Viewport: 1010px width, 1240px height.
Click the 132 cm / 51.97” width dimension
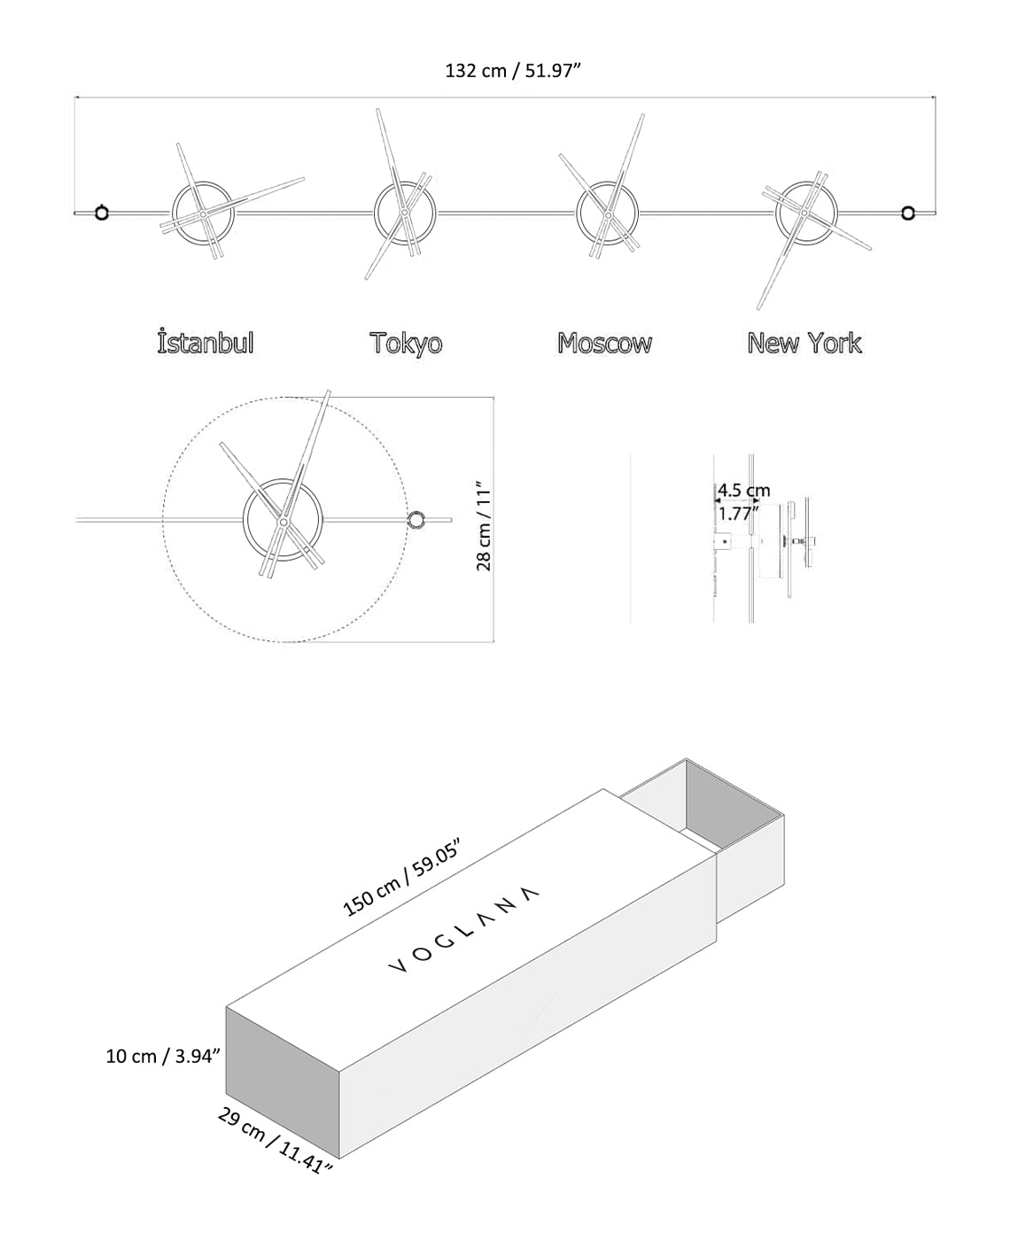point(512,71)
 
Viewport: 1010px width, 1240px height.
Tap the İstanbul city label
point(206,343)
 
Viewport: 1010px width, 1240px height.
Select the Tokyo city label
point(406,343)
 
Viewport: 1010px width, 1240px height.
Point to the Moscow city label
point(604,343)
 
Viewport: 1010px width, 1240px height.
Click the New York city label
point(804,343)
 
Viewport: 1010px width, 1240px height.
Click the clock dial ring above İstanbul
point(175,213)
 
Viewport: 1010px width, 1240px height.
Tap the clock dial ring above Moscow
point(579,213)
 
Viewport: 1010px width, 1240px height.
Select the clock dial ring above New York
point(778,213)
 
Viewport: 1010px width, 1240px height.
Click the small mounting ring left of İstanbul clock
point(102,213)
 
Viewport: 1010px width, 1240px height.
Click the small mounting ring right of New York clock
point(908,213)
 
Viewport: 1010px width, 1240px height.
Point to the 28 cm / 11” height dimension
point(484,526)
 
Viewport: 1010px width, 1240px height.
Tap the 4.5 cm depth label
point(744,491)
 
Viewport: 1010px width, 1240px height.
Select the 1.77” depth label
point(739,513)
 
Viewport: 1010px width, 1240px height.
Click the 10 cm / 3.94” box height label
point(162,1056)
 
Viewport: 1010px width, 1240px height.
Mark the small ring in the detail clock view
point(416,520)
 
